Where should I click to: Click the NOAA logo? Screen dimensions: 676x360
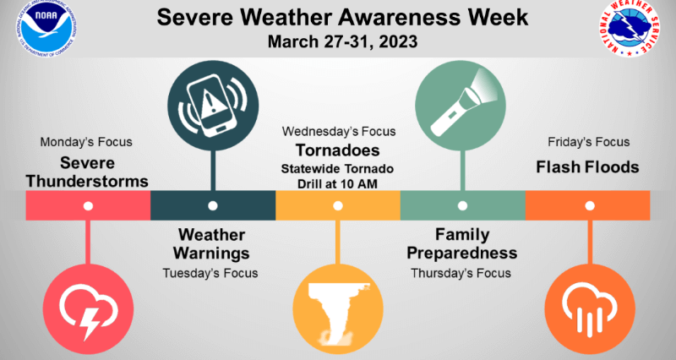[46, 29]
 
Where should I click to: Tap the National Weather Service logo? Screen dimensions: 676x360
[630, 29]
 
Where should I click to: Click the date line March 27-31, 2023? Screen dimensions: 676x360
[342, 41]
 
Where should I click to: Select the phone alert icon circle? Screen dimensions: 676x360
[213, 106]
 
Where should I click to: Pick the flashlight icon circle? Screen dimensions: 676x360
[461, 106]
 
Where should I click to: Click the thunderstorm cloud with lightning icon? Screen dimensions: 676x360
[88, 309]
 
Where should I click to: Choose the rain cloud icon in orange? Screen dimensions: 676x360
[590, 309]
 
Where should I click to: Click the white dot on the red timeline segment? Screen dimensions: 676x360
[88, 206]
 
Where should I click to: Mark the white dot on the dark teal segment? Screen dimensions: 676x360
[213, 205]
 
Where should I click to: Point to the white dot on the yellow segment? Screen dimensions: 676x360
[338, 205]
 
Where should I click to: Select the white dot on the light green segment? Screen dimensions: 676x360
[462, 205]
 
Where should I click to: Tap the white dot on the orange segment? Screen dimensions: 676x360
[590, 205]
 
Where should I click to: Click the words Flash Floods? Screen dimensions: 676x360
[587, 167]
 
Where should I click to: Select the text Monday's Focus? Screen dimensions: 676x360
[86, 142]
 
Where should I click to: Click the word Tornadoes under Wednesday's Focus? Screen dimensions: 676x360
[337, 150]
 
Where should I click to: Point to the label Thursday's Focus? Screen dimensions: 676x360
[461, 273]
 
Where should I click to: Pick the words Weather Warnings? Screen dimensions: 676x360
[212, 244]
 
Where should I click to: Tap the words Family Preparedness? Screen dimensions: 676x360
[462, 244]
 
